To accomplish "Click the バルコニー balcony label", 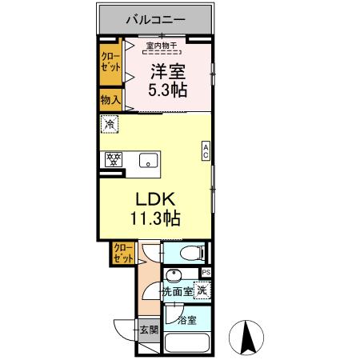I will [x=156, y=17].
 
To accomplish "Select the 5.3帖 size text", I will [x=169, y=89].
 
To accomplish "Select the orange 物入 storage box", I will [x=110, y=101].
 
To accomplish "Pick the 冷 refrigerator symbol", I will [x=109, y=125].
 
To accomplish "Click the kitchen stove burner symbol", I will [x=113, y=158].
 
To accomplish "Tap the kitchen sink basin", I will [x=149, y=159].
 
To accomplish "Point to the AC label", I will [x=206, y=153].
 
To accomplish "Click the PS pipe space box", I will [x=206, y=273].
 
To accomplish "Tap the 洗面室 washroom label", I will [x=178, y=292].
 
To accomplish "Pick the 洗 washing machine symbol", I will [x=203, y=290].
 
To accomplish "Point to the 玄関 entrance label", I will [x=149, y=328].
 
